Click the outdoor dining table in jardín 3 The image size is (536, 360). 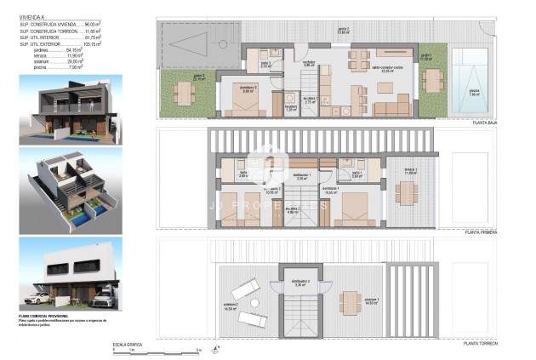coord(185,90)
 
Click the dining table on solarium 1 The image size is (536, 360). coord(350,301)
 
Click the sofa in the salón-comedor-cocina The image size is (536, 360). coord(393,107)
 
